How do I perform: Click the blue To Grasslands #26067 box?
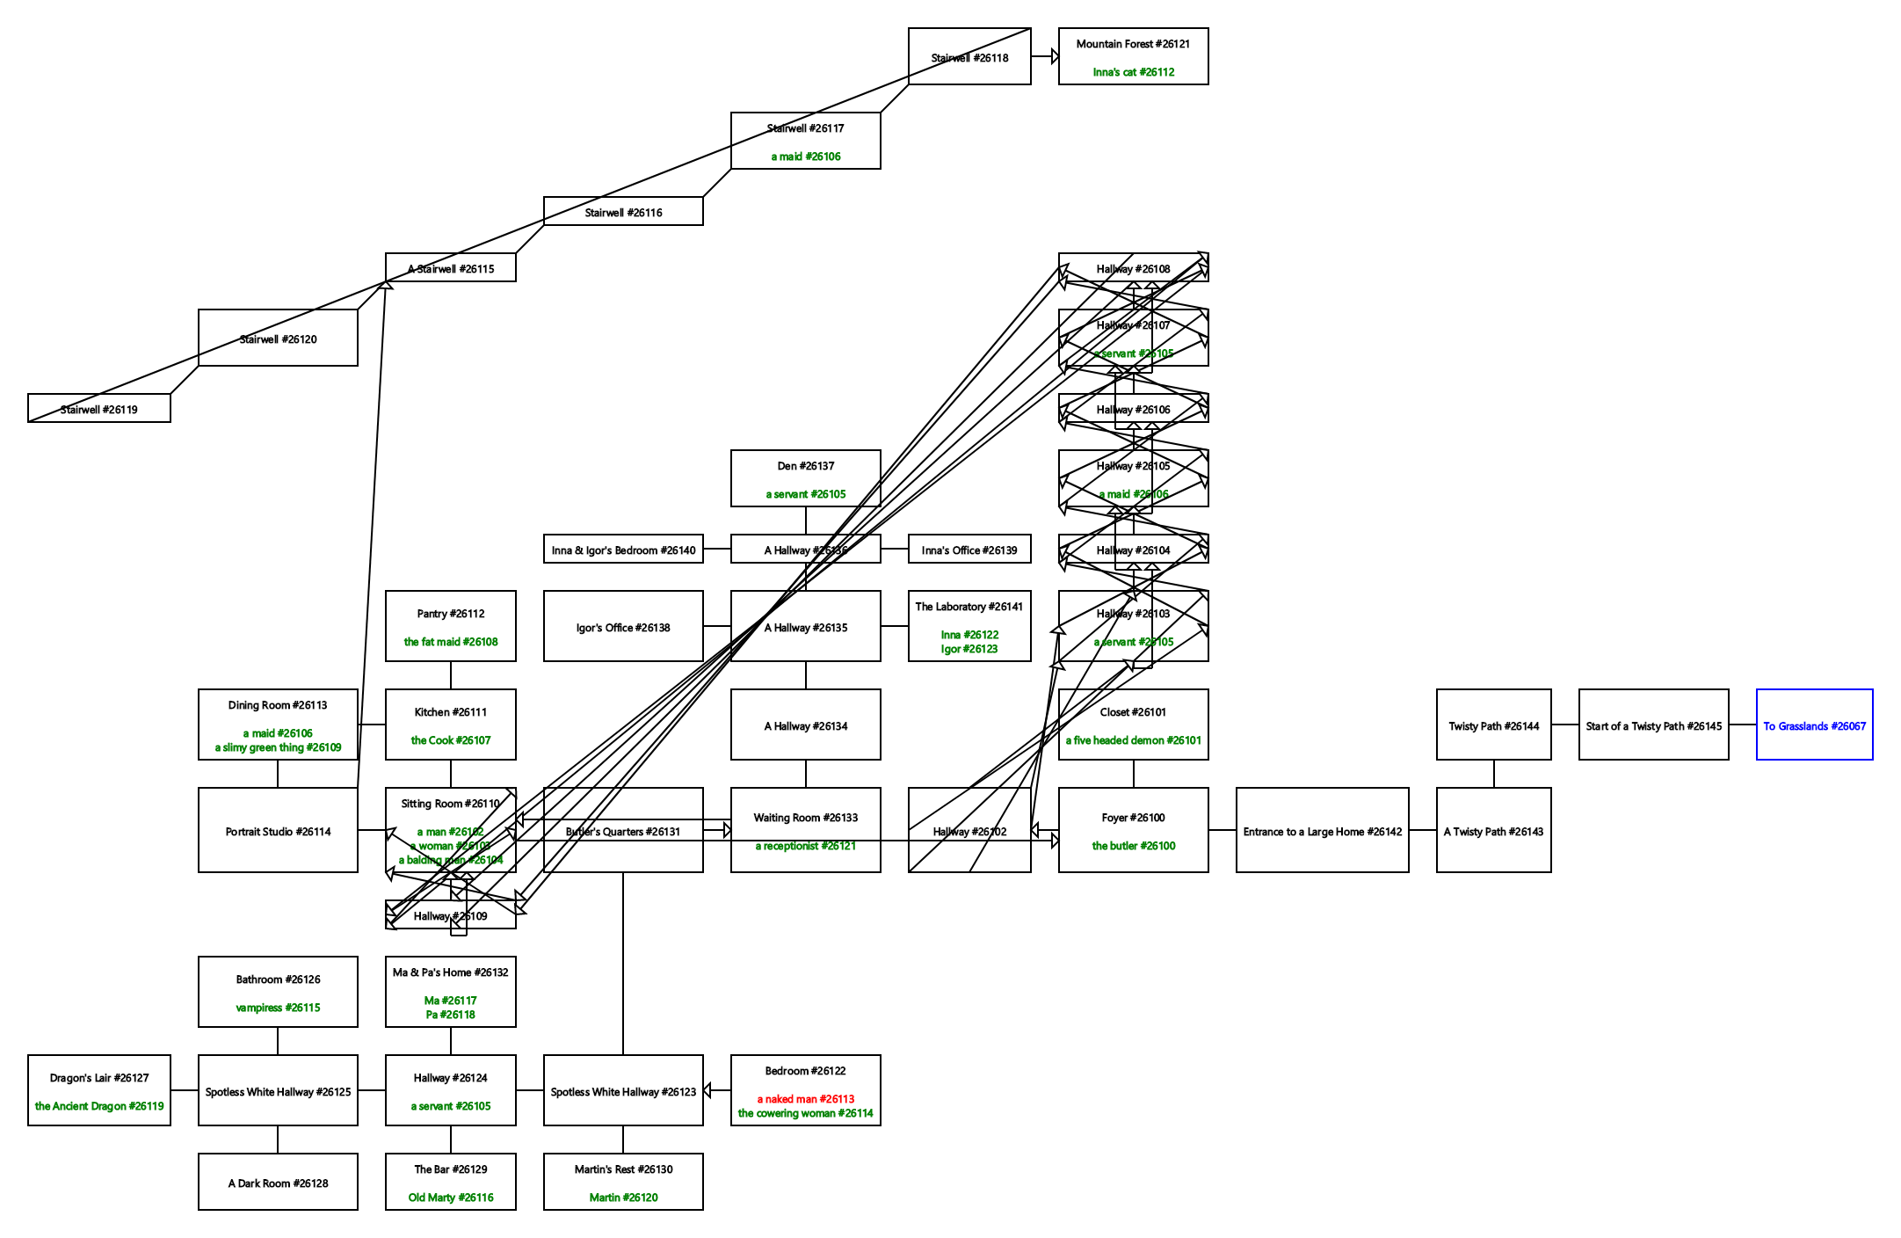1814,725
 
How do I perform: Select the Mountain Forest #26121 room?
1133,55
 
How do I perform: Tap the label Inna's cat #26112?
1133,72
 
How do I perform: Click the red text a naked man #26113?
805,1099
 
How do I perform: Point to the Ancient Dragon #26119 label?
98,1106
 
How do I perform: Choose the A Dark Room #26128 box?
278,1182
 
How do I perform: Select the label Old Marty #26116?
450,1198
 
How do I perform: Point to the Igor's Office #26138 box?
623,626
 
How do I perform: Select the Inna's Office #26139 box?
969,549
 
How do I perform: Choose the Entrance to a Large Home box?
1322,830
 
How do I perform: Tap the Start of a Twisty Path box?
1653,725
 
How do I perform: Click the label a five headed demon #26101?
1133,740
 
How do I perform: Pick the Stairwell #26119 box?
98,408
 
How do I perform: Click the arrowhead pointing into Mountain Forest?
1055,56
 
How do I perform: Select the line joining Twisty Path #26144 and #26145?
1564,725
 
